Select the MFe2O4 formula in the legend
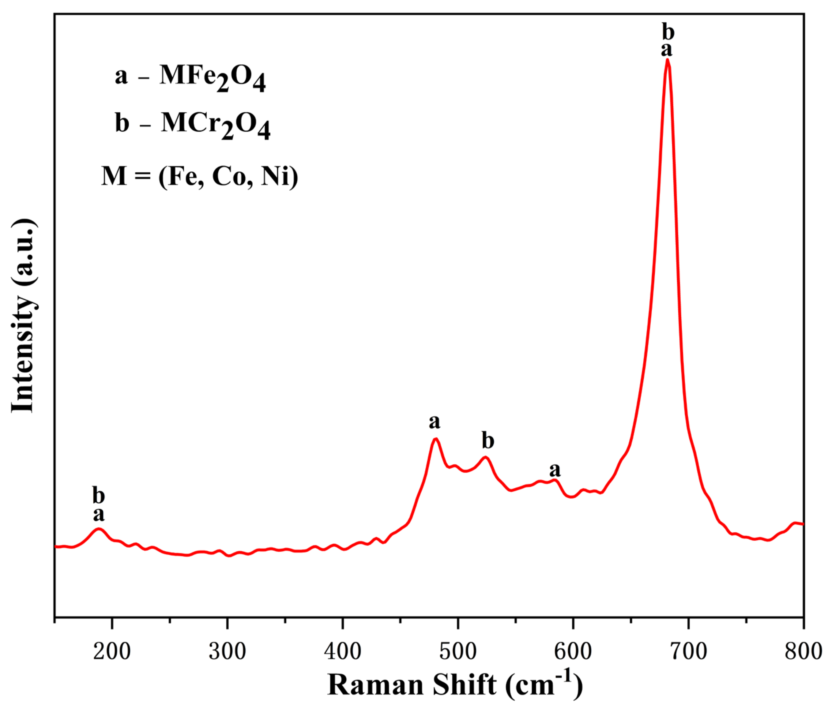click(213, 77)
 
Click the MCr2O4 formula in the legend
click(216, 125)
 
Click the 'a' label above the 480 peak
click(435, 422)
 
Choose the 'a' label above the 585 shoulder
click(555, 470)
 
